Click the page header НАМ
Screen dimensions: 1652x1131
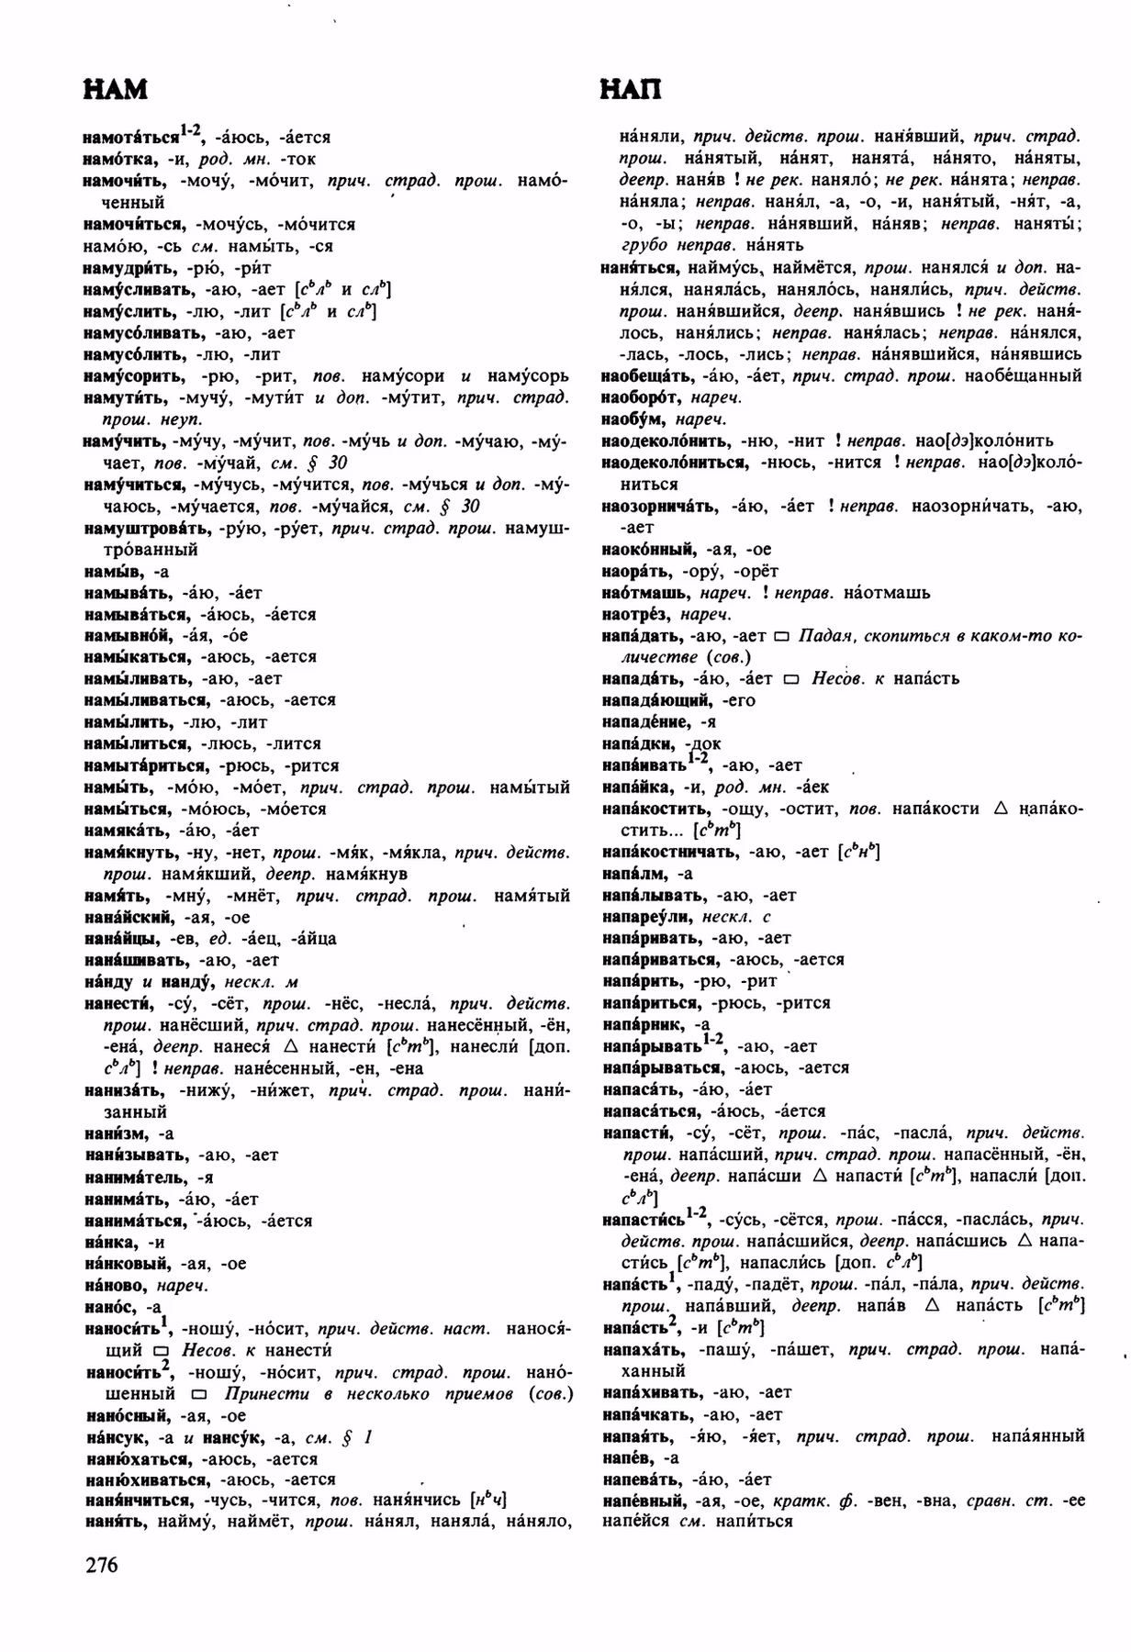point(115,90)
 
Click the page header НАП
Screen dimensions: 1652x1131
point(630,90)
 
